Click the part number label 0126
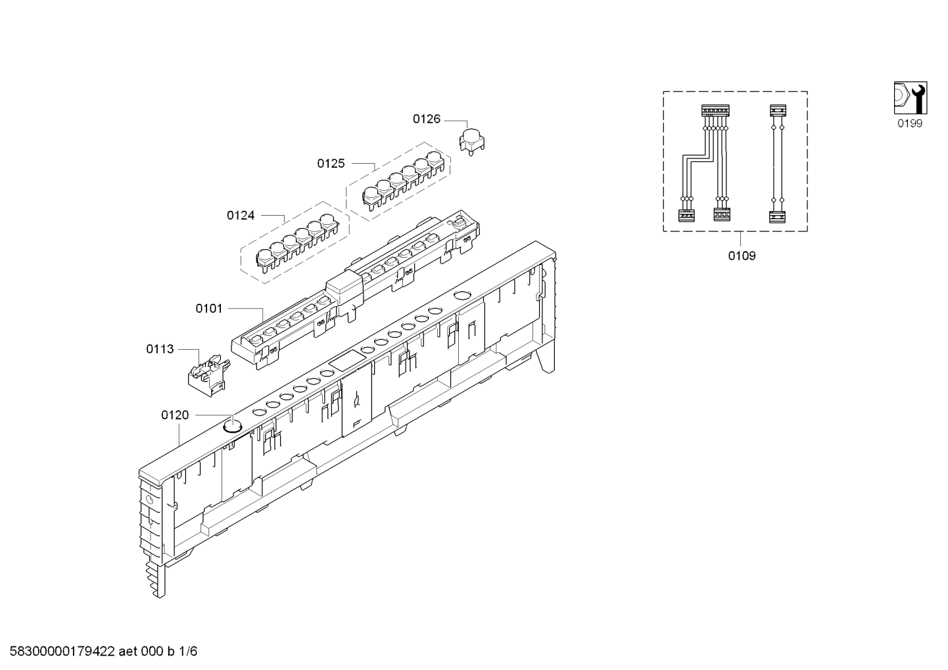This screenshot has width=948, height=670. click(x=427, y=120)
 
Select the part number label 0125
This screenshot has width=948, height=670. click(x=331, y=163)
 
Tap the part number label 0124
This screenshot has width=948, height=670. click(x=241, y=216)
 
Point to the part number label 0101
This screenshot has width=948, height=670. click(x=208, y=308)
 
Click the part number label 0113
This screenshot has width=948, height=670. click(x=160, y=349)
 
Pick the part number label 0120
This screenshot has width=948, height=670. click(x=175, y=415)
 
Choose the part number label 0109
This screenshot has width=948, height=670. click(x=742, y=256)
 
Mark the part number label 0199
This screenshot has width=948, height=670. click(x=910, y=124)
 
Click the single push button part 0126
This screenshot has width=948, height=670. click(x=472, y=141)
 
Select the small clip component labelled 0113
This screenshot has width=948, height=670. click(x=208, y=375)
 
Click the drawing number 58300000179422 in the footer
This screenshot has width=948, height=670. click(x=62, y=652)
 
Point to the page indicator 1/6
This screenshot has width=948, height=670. click(x=188, y=652)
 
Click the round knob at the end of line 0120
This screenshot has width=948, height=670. click(x=232, y=425)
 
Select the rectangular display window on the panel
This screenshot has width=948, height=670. click(x=347, y=361)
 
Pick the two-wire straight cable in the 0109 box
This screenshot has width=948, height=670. click(x=778, y=163)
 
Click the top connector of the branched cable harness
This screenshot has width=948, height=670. click(x=715, y=110)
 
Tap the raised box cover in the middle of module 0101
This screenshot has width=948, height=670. click(x=345, y=289)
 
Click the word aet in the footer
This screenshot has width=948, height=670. click(x=128, y=652)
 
